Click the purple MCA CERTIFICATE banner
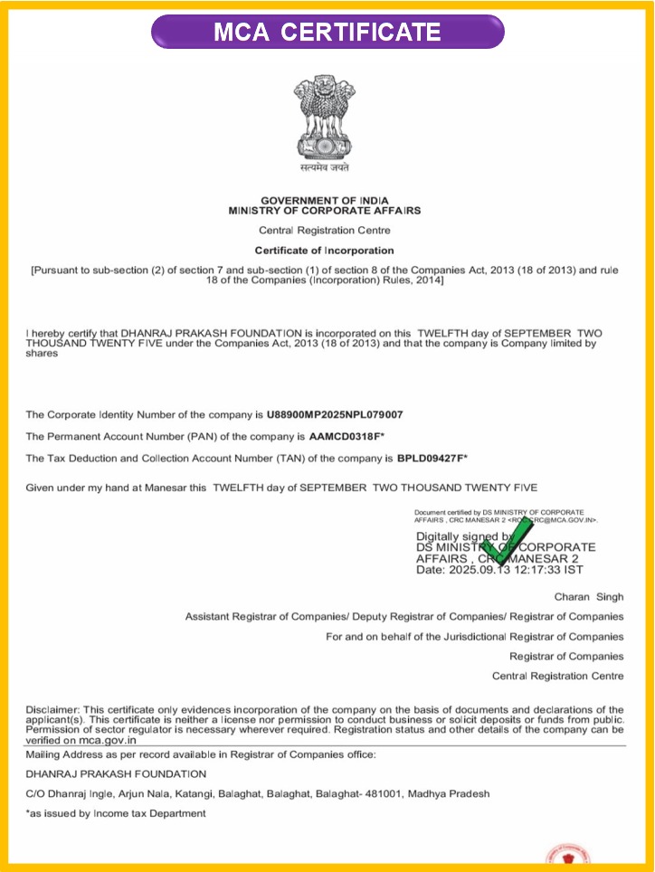(327, 33)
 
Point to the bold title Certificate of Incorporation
(324, 251)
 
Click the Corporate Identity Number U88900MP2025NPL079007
(335, 414)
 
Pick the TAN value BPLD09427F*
(432, 458)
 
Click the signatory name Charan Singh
(589, 597)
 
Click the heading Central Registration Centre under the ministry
(324, 231)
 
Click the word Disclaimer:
(53, 709)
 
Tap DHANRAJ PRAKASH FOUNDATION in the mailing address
(116, 774)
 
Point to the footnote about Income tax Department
(116, 813)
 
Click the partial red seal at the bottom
(568, 857)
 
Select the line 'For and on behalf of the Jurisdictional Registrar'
(474, 637)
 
